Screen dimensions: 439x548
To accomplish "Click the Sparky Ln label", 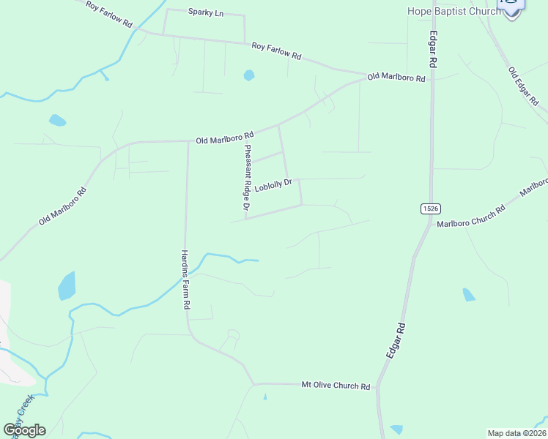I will (205, 12).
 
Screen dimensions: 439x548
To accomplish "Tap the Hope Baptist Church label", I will (454, 11).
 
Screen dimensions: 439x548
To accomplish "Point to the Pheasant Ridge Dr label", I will (247, 179).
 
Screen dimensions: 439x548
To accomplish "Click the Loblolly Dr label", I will (273, 184).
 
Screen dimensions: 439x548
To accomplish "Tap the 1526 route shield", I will (430, 209).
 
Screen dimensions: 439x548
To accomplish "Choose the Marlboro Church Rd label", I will (471, 217).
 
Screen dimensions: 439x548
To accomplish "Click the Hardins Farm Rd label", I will (186, 279).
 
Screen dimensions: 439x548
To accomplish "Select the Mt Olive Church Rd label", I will (336, 385).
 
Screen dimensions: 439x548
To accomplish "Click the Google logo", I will (24, 429).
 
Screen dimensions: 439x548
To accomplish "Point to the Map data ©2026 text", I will (516, 432).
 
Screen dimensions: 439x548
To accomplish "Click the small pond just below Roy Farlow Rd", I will (249, 75).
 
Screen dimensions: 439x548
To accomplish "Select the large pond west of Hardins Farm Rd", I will (67, 285).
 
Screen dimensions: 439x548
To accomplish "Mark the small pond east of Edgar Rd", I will (469, 295).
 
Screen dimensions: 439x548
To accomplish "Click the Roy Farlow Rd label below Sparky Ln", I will (276, 50).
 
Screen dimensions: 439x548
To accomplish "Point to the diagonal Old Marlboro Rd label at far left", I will (62, 206).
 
